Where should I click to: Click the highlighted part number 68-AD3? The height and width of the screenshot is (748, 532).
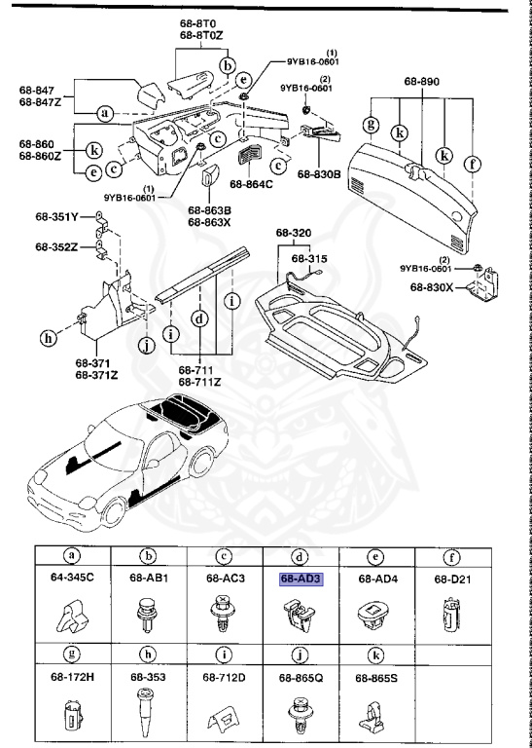301,579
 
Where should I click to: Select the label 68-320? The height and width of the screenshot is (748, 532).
294,234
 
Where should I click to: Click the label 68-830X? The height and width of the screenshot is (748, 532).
433,287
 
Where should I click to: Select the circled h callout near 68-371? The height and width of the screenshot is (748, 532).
47,338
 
